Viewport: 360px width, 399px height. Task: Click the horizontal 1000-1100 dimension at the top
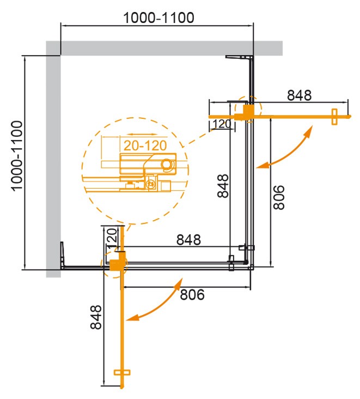pyautogui.click(x=158, y=17)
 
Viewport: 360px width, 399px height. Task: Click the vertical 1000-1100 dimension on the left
pyautogui.click(x=16, y=155)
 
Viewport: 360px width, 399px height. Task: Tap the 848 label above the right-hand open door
pyautogui.click(x=299, y=95)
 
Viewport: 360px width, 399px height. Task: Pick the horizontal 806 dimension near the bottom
pyautogui.click(x=191, y=294)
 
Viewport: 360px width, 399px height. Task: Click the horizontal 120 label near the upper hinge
pyautogui.click(x=222, y=124)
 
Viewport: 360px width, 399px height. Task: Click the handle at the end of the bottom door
pyautogui.click(x=123, y=373)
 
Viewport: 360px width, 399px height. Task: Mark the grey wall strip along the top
pyautogui.click(x=163, y=48)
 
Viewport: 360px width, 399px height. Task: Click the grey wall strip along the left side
pyautogui.click(x=53, y=164)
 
